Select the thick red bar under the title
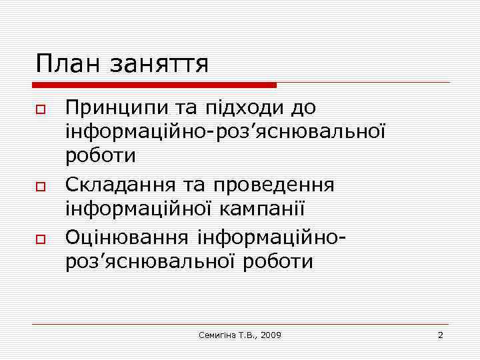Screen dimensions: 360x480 (155, 85)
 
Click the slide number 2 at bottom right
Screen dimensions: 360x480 (440, 334)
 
